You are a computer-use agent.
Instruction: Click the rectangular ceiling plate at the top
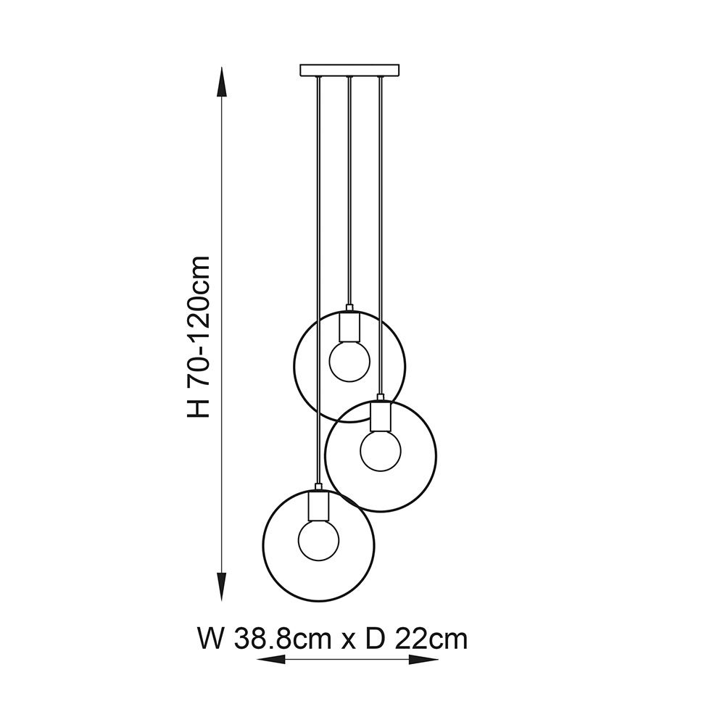[x=349, y=70]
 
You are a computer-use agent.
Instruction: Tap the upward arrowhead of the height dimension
[x=223, y=83]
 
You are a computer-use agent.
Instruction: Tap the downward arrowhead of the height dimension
[x=223, y=587]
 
